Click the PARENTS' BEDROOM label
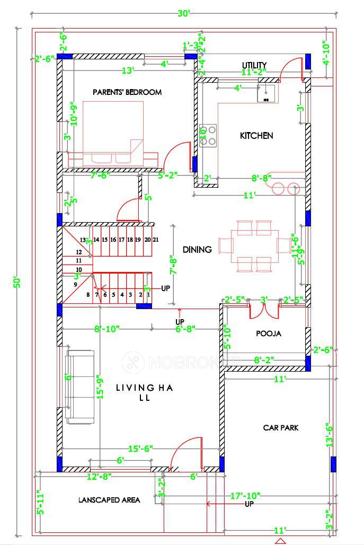coord(127,92)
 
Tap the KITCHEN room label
coord(257,136)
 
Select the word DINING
coord(197,249)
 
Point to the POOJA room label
coord(268,334)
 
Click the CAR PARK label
coord(280,427)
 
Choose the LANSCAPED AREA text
coord(109,500)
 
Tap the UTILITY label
coord(254,65)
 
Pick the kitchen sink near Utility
coord(266,93)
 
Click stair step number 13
coord(83,240)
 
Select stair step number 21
coord(155,240)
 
